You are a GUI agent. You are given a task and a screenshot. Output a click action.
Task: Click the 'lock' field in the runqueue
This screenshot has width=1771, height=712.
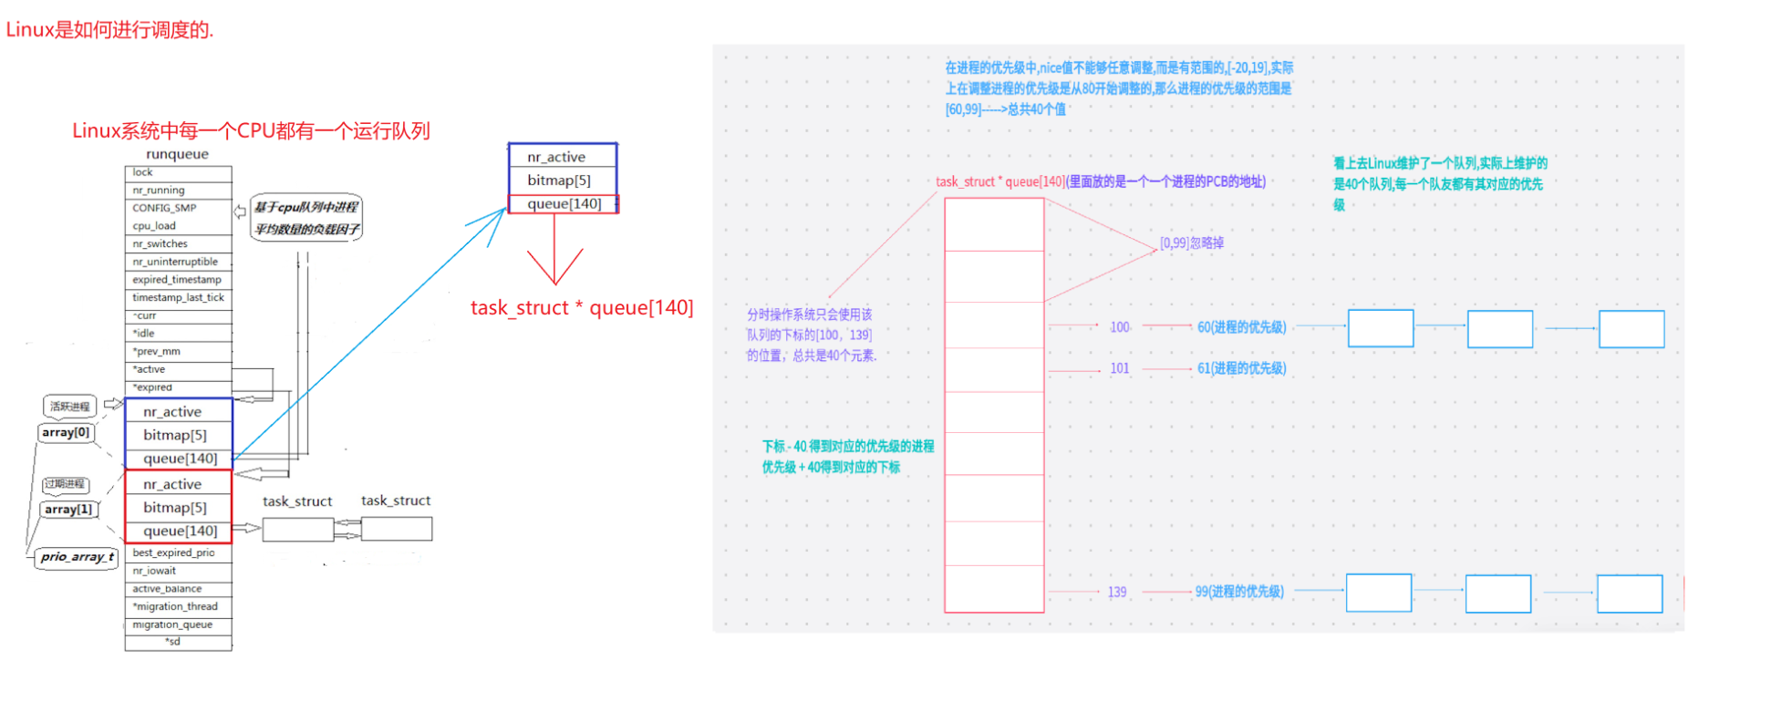178,172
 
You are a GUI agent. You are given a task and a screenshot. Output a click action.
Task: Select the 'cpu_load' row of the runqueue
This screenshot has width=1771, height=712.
178,226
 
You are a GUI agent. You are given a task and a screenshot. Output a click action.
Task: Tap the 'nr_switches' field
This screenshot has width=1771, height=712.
178,244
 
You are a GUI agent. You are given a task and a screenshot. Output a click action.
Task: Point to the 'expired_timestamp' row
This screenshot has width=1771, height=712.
178,280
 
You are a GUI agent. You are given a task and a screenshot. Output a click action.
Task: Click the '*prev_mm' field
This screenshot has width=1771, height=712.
178,352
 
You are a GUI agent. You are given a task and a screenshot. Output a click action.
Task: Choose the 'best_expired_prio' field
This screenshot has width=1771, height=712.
178,553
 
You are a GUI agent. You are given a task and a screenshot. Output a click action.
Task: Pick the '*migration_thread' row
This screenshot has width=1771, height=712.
178,607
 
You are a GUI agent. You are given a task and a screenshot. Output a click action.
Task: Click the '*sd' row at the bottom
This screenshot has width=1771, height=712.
178,642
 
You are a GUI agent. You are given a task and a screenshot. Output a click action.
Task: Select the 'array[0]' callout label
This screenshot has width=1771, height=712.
67,433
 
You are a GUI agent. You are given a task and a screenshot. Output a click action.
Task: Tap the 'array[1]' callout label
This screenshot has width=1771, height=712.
68,510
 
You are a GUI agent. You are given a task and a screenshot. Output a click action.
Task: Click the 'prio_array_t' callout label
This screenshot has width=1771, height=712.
77,557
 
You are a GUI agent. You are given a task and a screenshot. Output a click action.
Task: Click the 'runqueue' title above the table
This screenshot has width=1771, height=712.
177,154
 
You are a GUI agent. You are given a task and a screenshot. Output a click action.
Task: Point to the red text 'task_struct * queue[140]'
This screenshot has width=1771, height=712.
582,308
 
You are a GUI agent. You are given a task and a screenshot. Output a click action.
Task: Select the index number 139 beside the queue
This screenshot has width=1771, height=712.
1117,593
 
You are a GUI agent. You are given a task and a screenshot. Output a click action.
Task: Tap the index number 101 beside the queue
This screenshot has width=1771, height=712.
1119,369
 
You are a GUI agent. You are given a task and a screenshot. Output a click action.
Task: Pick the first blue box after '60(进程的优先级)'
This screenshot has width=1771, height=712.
1380,328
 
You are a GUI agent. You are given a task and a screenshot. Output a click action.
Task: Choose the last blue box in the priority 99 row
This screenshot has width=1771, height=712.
1629,593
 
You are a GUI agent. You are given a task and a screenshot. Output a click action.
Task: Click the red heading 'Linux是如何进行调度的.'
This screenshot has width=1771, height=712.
109,30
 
